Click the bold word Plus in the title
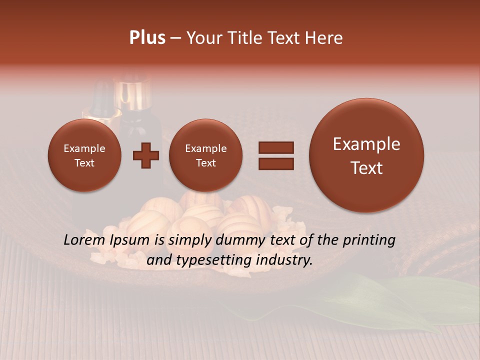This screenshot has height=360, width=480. (147, 38)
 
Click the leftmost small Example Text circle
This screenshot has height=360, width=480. (84, 155)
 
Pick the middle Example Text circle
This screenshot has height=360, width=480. (205, 155)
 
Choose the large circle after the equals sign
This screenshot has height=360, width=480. (366, 155)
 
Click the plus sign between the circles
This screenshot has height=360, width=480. (145, 155)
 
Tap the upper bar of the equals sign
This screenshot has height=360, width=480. (275, 147)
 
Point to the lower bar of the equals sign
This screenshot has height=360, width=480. (275, 163)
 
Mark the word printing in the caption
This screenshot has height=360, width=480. (369, 240)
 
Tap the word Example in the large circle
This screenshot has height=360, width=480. (366, 144)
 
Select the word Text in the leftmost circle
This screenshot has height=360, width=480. (84, 163)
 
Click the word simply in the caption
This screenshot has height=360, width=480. (187, 240)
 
